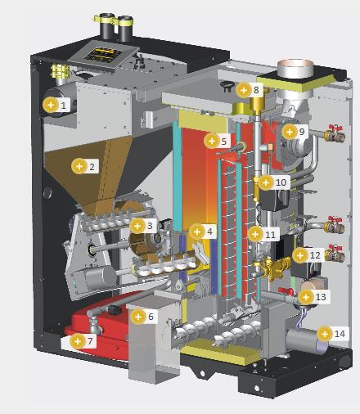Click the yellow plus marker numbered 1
(x=51, y=105)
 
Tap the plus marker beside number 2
(x=79, y=166)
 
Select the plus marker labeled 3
(x=137, y=226)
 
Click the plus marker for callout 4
(x=197, y=232)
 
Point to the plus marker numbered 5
(x=212, y=141)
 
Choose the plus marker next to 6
(x=138, y=317)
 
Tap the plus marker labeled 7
(x=78, y=341)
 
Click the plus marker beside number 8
(x=244, y=89)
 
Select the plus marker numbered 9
(x=290, y=132)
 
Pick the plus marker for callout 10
(x=266, y=182)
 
